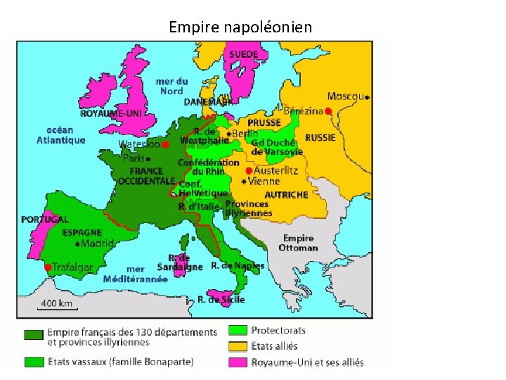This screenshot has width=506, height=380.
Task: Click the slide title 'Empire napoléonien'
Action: click(x=241, y=27)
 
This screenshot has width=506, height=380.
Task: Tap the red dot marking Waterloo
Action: click(x=165, y=145)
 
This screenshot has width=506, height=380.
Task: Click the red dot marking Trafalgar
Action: click(x=47, y=267)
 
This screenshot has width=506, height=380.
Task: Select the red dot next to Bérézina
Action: click(x=328, y=110)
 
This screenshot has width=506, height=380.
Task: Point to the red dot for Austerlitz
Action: click(x=248, y=170)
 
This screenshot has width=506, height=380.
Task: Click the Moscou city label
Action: click(x=346, y=96)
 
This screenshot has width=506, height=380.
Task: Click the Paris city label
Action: click(x=134, y=158)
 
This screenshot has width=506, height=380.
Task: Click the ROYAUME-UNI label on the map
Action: click(x=111, y=113)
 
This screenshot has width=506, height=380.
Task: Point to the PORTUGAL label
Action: click(x=44, y=220)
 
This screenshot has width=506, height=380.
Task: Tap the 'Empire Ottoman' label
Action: click(x=298, y=243)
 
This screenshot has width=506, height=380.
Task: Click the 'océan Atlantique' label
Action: click(x=60, y=134)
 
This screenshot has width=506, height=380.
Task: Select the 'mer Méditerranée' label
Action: click(x=136, y=274)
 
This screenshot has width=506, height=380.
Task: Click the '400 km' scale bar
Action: click(x=56, y=305)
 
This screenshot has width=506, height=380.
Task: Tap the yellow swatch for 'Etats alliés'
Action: click(x=238, y=346)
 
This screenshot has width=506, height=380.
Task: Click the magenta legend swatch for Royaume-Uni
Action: click(x=238, y=362)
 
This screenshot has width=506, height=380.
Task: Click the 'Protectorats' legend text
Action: click(x=278, y=330)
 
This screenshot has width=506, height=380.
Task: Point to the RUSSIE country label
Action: click(x=320, y=138)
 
